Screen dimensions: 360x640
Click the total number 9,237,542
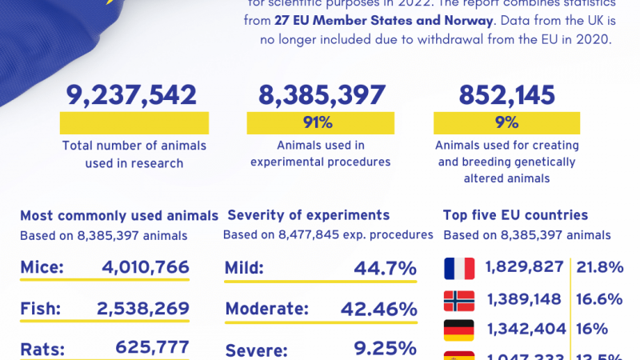tap(132, 95)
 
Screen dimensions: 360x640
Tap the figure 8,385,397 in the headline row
tap(322, 95)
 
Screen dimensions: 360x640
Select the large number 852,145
tap(506, 95)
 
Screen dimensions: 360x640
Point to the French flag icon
tap(459, 268)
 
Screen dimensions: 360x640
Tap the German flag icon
tap(459, 329)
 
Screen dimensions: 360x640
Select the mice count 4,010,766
tap(146, 268)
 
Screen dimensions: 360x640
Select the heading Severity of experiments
tap(309, 215)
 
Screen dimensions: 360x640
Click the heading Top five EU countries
tap(516, 215)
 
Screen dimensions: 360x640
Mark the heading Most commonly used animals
tap(118, 215)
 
